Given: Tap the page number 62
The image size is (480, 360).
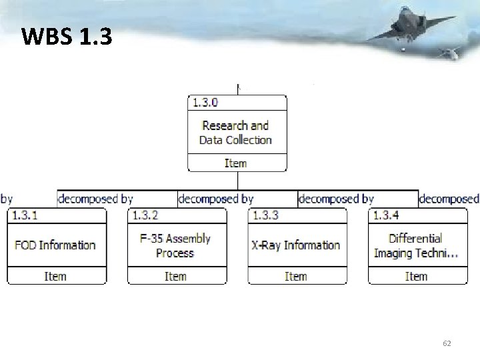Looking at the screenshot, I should point(447,343).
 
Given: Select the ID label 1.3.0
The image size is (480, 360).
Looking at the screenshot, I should point(205,103).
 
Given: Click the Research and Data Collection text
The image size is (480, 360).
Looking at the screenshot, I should point(235,133).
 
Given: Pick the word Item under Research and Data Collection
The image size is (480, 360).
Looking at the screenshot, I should point(235,163).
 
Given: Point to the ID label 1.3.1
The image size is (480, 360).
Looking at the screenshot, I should point(25,215).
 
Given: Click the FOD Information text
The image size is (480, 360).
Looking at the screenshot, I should point(55,245).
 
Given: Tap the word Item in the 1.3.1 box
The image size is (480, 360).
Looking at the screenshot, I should point(55,276).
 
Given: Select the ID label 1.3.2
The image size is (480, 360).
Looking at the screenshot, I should point(145,215).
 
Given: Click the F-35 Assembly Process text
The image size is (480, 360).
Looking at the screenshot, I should point(175,245).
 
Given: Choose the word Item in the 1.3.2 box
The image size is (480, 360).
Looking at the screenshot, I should point(175,276).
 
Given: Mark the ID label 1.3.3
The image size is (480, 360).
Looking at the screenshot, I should point(265,215).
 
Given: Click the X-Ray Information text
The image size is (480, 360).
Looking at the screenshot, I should point(295,245).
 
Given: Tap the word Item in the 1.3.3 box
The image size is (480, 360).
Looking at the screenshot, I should point(295,276).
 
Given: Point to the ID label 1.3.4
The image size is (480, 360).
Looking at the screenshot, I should point(386,215).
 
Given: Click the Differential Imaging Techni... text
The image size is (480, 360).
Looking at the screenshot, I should point(416,245).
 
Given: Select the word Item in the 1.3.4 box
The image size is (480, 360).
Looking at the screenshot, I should point(416,276).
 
